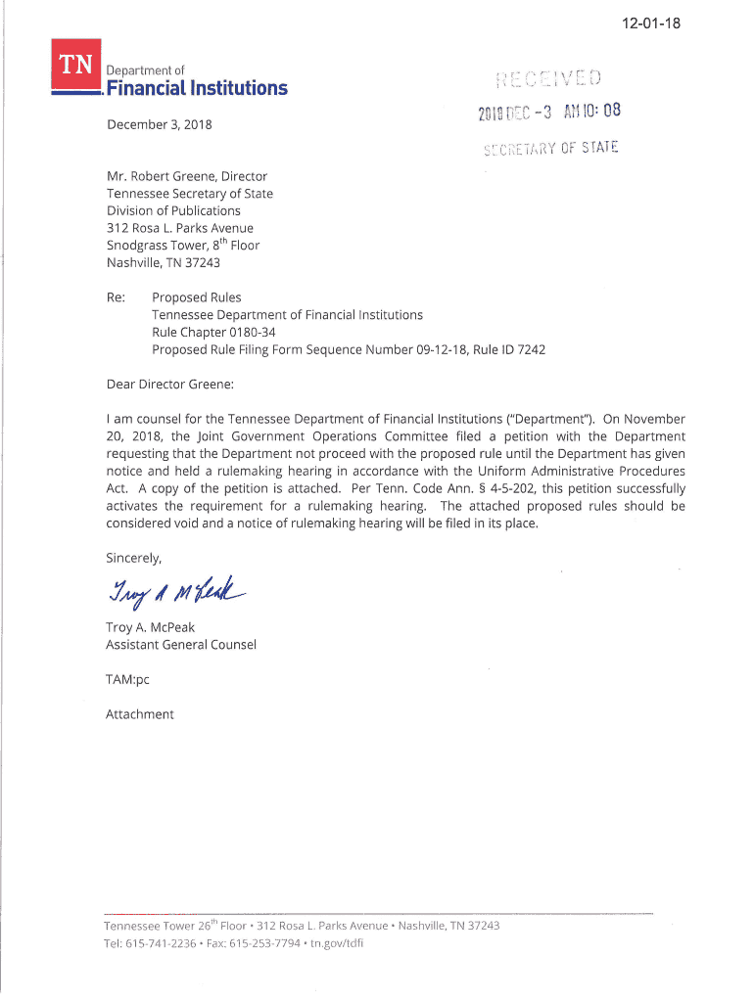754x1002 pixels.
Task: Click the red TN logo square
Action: pos(74,66)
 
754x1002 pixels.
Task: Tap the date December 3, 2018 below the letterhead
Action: pos(159,125)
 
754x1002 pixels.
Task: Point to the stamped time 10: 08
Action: pos(599,111)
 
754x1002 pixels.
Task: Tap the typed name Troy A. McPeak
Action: pos(150,627)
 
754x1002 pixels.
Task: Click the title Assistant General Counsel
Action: pos(181,645)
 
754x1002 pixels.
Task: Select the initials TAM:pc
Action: pos(127,678)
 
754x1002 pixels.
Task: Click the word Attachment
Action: pos(139,714)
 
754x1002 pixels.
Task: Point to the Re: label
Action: pos(116,297)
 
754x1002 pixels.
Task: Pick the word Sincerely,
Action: pos(134,558)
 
